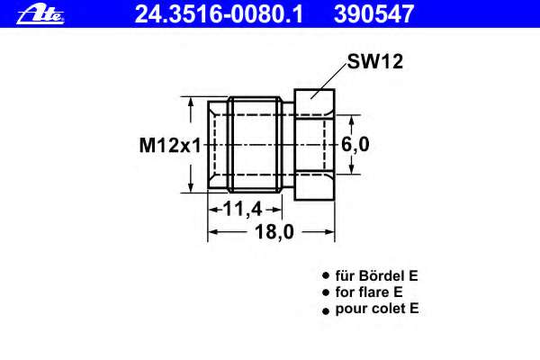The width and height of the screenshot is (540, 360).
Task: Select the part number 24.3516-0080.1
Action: pyautogui.click(x=219, y=13)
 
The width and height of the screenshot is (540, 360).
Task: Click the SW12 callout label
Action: pyautogui.click(x=373, y=63)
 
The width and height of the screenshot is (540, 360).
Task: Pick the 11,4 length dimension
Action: pyautogui.click(x=242, y=210)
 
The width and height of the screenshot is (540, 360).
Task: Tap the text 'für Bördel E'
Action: pyautogui.click(x=376, y=276)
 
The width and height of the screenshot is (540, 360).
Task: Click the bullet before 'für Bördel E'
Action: pyautogui.click(x=326, y=277)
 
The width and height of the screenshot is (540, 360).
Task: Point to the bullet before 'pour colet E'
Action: pyautogui.click(x=326, y=310)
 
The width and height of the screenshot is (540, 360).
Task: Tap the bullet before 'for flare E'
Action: pyautogui.click(x=326, y=293)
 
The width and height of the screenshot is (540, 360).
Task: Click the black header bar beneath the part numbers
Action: pyautogui.click(x=270, y=27)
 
